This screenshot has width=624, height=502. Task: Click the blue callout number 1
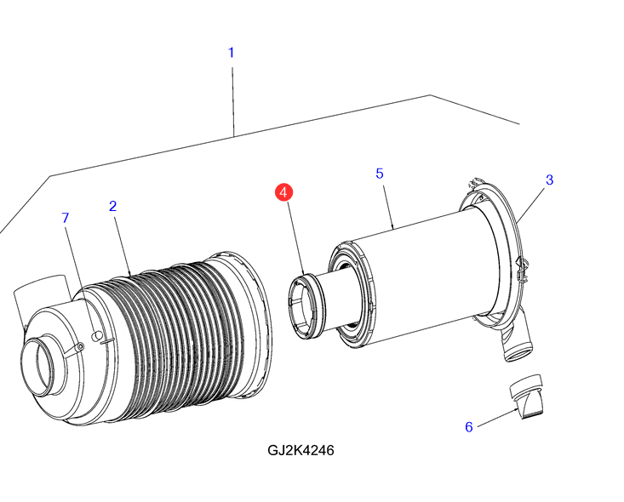tap(231, 53)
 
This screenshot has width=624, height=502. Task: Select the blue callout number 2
tap(112, 206)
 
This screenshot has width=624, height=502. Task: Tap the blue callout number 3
tap(549, 180)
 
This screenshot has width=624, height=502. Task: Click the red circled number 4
tap(283, 192)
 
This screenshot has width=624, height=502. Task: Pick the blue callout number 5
tap(380, 174)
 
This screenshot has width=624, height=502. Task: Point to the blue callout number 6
tap(469, 427)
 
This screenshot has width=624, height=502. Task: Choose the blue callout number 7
tap(66, 218)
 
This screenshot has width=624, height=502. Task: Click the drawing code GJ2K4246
tap(301, 450)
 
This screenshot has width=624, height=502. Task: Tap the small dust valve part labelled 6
tap(527, 396)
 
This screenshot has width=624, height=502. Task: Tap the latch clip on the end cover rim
tap(522, 270)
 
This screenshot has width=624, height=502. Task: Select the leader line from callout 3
tap(532, 205)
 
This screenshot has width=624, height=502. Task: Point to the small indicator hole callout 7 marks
tap(95, 336)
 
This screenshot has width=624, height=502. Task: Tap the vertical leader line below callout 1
tap(233, 102)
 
